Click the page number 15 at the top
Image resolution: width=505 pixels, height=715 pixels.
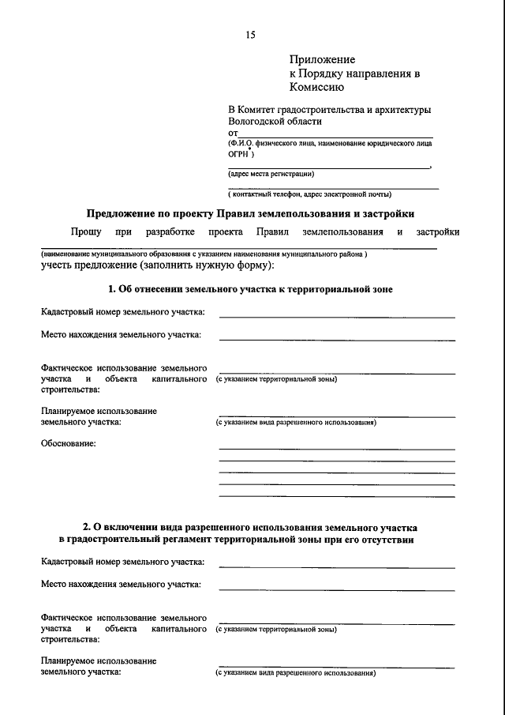251,35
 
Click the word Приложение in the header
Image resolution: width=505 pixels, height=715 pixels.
322,59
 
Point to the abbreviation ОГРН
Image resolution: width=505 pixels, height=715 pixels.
240,156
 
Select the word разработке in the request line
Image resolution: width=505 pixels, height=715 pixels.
169,232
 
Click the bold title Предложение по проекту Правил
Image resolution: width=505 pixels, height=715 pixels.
249,213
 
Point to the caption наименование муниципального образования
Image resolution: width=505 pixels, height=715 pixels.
204,254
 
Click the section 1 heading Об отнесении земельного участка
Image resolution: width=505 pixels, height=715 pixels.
250,290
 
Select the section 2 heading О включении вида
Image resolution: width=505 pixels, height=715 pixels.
251,526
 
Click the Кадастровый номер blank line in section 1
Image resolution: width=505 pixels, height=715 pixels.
337,316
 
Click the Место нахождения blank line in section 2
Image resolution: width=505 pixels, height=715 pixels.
337,589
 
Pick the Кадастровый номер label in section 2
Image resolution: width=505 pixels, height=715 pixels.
123,562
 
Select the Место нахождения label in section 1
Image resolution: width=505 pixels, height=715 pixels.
121,335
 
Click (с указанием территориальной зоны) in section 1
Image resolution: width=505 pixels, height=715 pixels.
277,379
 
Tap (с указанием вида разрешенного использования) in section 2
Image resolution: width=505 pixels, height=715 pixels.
296,673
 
